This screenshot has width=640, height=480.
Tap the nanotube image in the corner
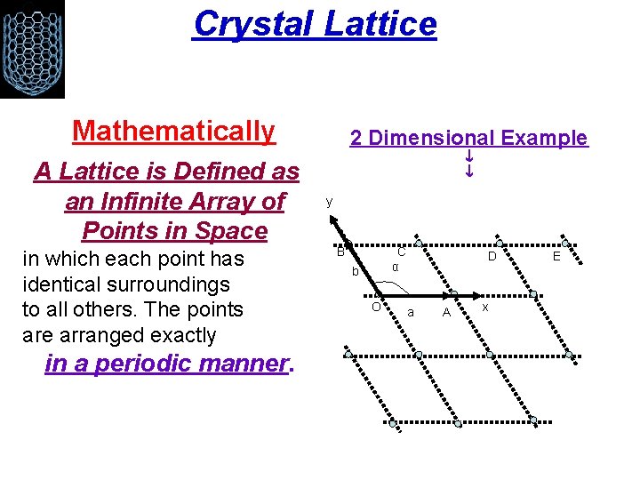point(32,49)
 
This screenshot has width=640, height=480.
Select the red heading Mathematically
point(174,131)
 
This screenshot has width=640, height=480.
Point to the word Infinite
point(177,201)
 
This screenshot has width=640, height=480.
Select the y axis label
point(329,202)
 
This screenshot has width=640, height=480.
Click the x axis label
point(485,306)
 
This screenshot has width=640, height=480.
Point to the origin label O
point(376,308)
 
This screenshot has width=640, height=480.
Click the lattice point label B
point(340,252)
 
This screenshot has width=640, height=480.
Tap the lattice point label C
point(401,252)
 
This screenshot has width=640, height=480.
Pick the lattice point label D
point(491,256)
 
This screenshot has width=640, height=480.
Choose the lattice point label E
point(556,256)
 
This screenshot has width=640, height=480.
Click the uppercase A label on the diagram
point(447,312)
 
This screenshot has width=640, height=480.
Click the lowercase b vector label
point(354,271)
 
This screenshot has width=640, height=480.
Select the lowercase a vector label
point(410,312)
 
